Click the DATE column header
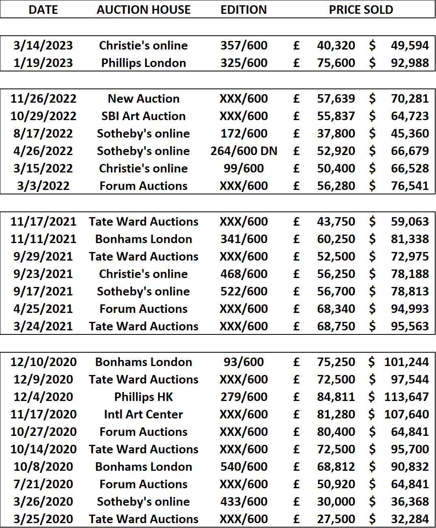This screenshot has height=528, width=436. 43,10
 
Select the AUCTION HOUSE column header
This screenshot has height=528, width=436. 143,10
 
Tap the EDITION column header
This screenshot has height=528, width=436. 244,10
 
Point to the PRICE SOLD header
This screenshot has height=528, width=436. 361,10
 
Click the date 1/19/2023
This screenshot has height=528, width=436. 43,63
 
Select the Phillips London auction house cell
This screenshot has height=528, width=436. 143,63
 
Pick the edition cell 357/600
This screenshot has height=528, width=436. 244,45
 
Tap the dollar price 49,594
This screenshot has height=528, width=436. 410,45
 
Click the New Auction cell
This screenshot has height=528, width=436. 143,99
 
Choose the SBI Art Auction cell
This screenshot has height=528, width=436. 143,116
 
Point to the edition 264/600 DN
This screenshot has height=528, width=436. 244,151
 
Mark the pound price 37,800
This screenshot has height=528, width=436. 336,134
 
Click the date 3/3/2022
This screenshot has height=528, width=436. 43,186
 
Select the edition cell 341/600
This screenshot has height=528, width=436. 244,239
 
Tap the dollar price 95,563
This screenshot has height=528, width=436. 410,326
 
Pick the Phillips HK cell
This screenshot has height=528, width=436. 143,397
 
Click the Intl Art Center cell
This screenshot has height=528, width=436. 143,414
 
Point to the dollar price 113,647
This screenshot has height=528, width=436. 406,397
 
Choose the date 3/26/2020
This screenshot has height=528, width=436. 43,502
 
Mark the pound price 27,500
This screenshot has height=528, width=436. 336,519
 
